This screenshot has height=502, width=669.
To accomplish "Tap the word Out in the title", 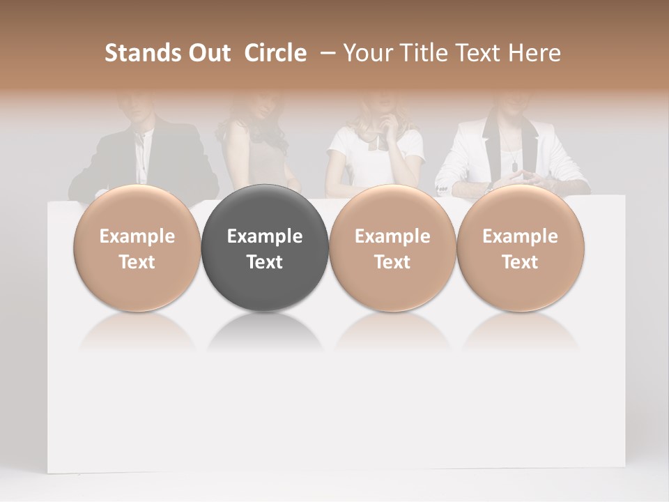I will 208,53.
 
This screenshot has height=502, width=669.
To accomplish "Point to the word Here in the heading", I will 535,53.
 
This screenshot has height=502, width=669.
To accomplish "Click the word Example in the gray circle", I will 265,236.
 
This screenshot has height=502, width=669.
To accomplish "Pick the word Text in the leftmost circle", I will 137,262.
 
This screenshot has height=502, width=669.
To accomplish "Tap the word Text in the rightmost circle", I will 521,262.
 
